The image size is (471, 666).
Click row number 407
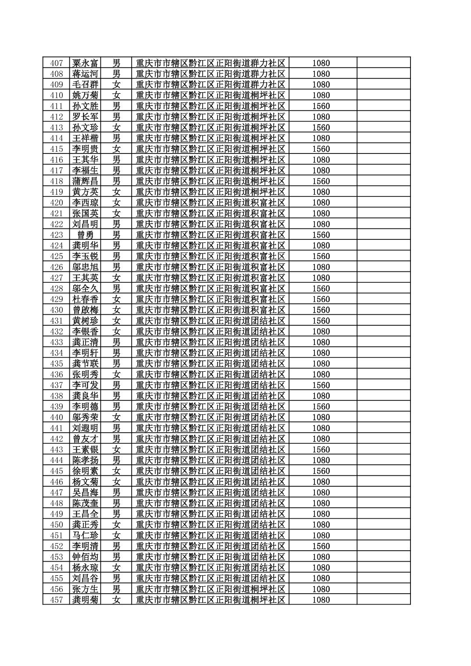[x=57, y=63]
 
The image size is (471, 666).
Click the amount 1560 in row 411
[x=321, y=106]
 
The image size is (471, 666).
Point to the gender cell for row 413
[x=116, y=128]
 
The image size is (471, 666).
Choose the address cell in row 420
[x=211, y=203]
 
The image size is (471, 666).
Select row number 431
[x=57, y=321]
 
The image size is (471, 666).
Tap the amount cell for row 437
[x=321, y=385]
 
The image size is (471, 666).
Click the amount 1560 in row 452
[x=321, y=546]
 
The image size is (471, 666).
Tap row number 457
[x=57, y=600]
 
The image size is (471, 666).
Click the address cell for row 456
[x=211, y=589]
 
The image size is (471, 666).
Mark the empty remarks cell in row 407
[x=383, y=63]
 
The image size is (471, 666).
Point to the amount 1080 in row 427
[x=321, y=278]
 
